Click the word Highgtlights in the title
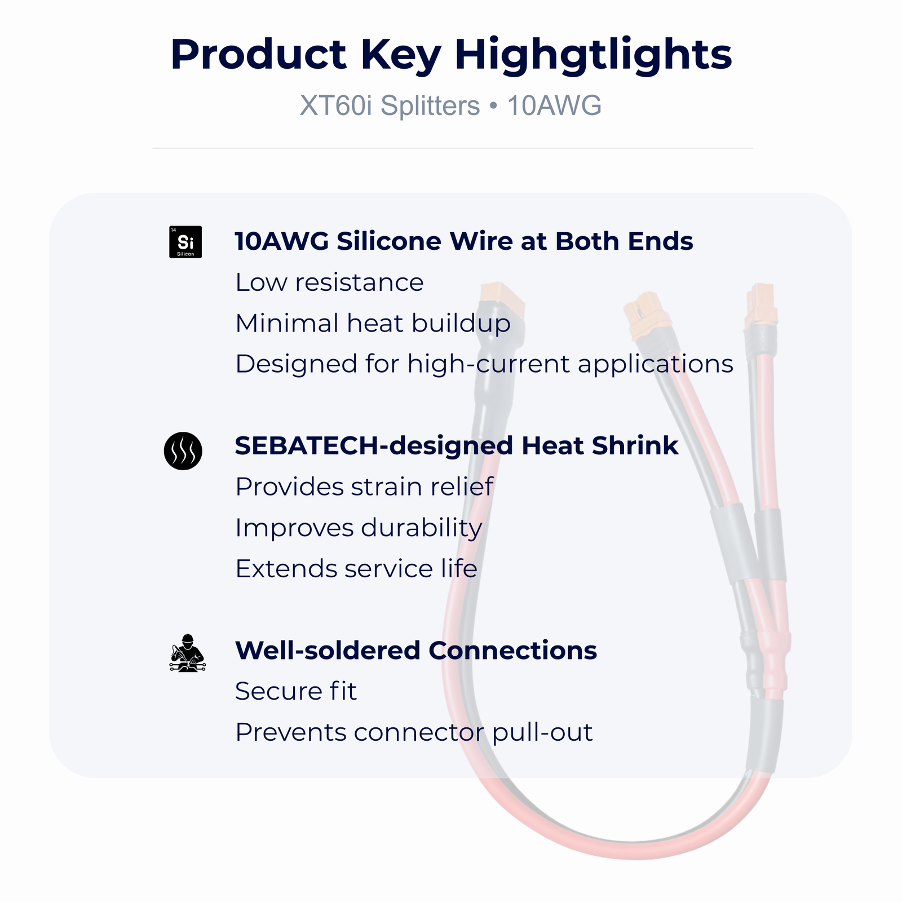[x=593, y=55]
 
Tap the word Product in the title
[x=258, y=54]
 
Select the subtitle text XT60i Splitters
[x=390, y=105]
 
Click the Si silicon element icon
[x=185, y=242]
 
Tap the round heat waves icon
[x=183, y=451]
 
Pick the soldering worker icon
[x=188, y=653]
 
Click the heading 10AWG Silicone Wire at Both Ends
[x=464, y=241]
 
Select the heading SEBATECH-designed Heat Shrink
[x=457, y=446]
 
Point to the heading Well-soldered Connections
[x=416, y=651]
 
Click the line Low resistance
[x=329, y=282]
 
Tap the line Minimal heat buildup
[x=373, y=324]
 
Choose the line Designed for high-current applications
[x=484, y=364]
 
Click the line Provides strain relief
[x=364, y=487]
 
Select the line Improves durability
[x=359, y=528]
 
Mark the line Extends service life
[x=356, y=569]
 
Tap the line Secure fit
[x=296, y=691]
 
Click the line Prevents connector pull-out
[x=414, y=733]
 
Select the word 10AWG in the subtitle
[x=555, y=105]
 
